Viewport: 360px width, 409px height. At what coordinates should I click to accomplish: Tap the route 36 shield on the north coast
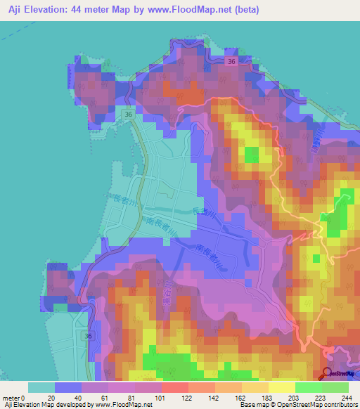pyautogui.click(x=232, y=62)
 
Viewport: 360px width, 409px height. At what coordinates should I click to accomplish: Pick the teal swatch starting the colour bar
pyautogui.click(x=41, y=387)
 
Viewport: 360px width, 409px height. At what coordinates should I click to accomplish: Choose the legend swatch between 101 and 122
pyautogui.click(x=175, y=387)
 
